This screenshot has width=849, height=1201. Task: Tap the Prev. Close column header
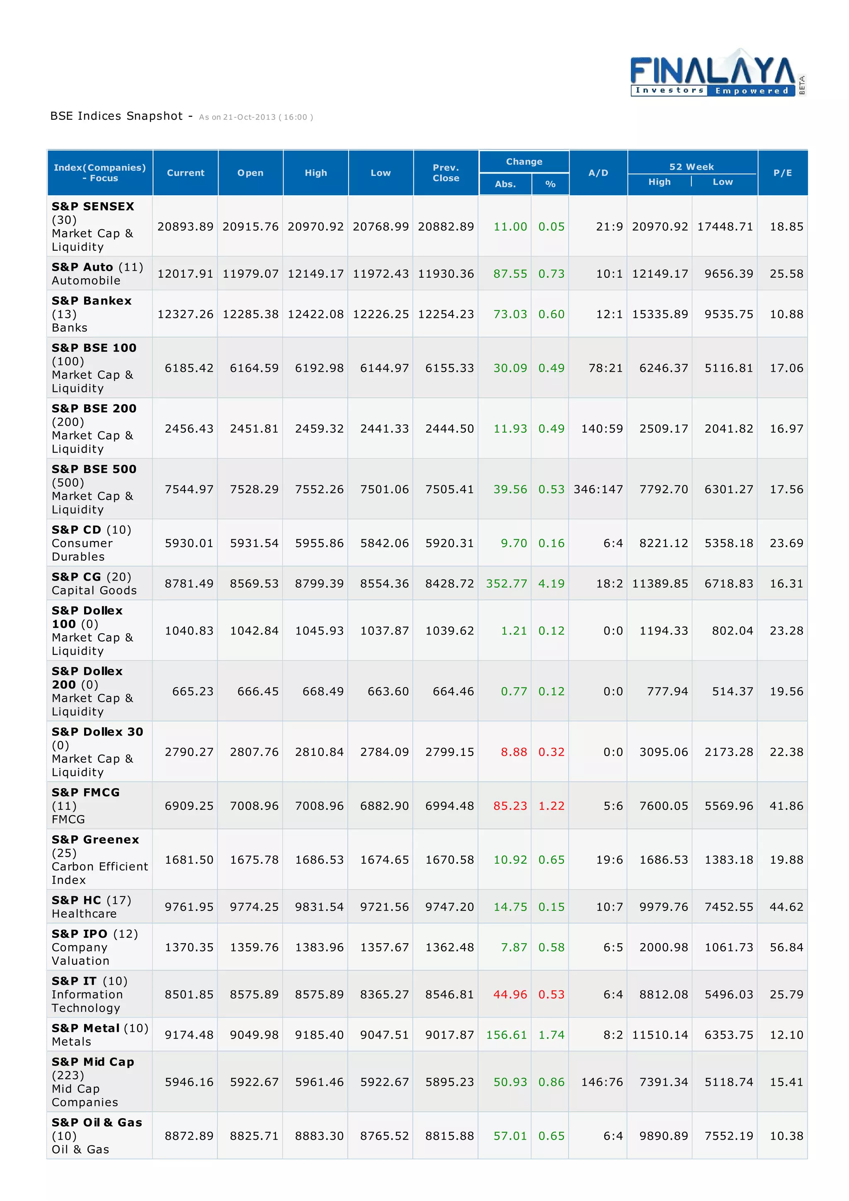(446, 173)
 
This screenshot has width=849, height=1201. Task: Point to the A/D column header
(598, 173)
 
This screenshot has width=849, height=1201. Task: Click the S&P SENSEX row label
(92, 207)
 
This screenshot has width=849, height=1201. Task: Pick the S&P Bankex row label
(92, 301)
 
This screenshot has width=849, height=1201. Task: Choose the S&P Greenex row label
(95, 840)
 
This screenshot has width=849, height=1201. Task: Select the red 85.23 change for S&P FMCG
(510, 806)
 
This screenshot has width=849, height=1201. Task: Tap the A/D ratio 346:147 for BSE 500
(598, 489)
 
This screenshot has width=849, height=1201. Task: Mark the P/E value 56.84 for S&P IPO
(786, 947)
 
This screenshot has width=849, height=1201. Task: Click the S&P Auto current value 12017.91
(185, 274)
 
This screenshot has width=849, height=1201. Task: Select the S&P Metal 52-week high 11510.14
(660, 1035)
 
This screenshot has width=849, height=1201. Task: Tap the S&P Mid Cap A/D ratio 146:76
(602, 1082)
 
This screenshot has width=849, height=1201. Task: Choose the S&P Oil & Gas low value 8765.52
(384, 1136)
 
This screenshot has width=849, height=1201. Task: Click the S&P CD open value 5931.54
(254, 543)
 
